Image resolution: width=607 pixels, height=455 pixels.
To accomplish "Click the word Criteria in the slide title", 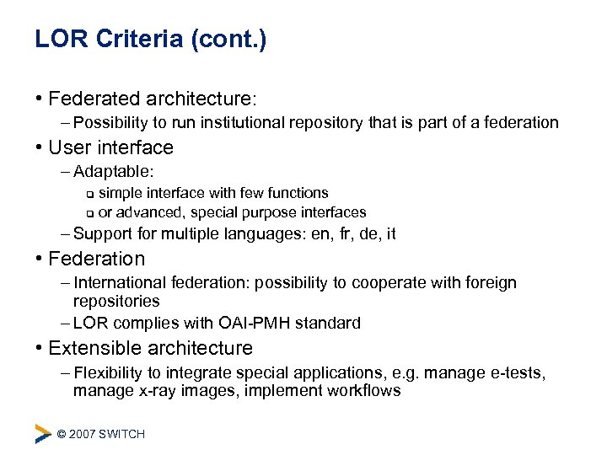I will click(x=137, y=40).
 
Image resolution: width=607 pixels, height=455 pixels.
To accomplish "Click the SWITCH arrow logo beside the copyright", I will click(x=43, y=434).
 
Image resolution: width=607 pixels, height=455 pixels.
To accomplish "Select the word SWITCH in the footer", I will click(x=123, y=434).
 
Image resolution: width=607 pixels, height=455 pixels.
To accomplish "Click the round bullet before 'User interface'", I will click(x=40, y=147).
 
